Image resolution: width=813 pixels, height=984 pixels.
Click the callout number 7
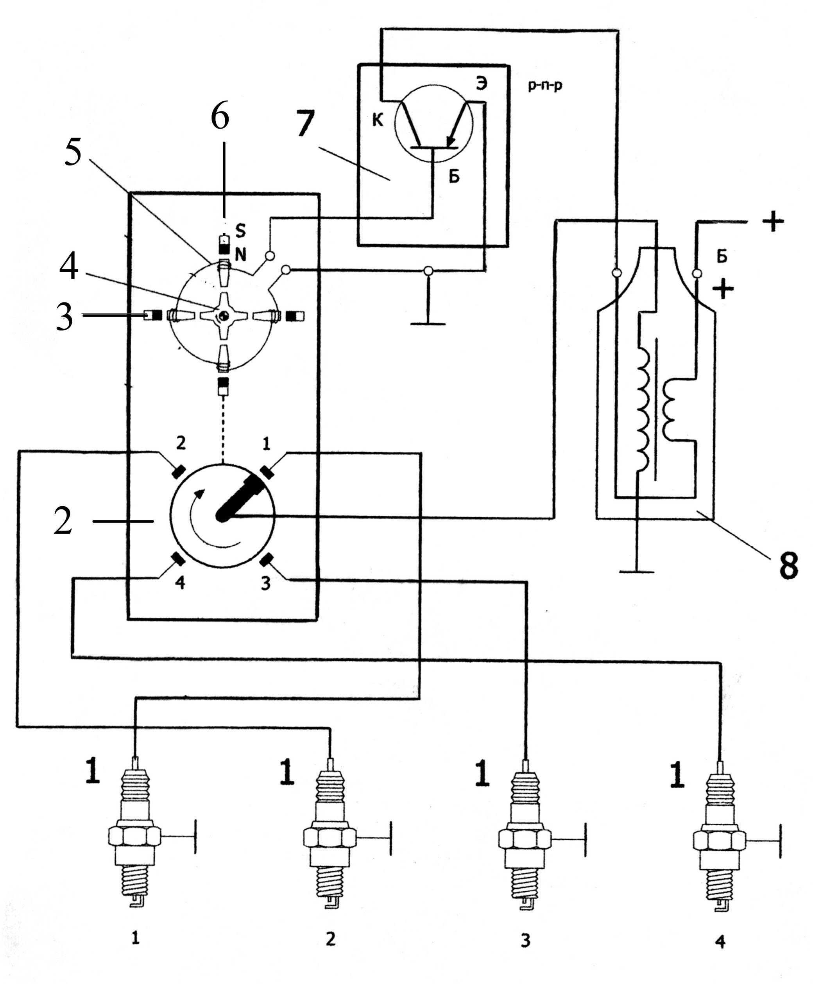(x=305, y=124)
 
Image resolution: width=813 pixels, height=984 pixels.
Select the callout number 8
(x=788, y=566)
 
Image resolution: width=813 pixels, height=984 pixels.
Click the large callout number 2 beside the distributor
(x=63, y=521)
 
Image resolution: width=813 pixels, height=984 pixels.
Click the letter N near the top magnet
(x=241, y=255)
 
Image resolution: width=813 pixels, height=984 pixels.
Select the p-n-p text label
(x=545, y=86)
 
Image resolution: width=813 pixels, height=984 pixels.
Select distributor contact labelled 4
(x=178, y=558)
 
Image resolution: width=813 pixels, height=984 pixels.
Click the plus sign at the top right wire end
(x=773, y=222)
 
